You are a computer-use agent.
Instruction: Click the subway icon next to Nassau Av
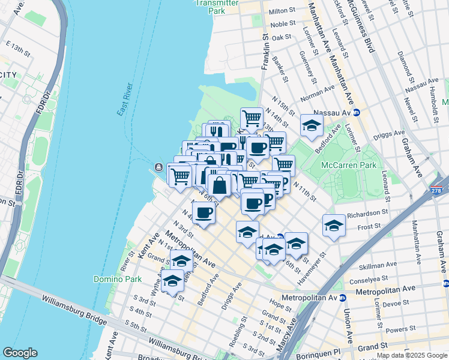click(x=356, y=112)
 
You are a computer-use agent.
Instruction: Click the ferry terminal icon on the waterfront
click(x=158, y=166)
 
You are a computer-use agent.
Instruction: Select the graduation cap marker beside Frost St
click(x=334, y=226)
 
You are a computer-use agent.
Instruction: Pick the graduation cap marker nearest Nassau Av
click(x=311, y=125)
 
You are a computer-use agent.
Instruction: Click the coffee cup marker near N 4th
click(x=204, y=212)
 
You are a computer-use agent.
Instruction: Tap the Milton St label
click(x=282, y=11)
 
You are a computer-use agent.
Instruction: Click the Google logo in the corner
click(x=20, y=353)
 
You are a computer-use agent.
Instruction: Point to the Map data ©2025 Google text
click(x=411, y=355)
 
